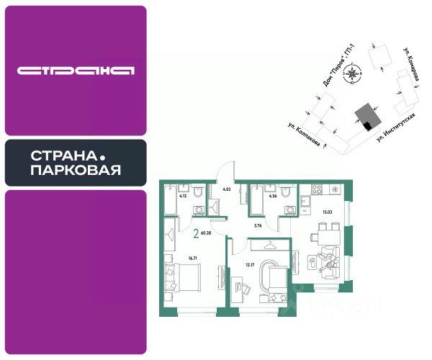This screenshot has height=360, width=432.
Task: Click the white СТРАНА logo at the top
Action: (76, 71)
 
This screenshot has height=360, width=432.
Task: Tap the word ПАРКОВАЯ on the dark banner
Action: (76, 171)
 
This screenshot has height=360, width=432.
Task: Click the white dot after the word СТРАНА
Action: (102, 156)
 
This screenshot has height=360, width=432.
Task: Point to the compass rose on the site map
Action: (351, 73)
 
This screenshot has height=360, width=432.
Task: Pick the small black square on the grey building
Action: (367, 125)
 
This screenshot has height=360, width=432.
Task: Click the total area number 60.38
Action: (207, 233)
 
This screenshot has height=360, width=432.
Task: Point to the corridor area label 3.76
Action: (258, 226)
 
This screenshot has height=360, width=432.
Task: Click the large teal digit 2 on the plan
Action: (196, 232)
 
